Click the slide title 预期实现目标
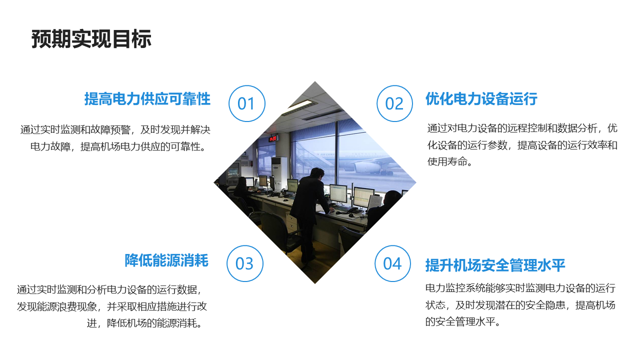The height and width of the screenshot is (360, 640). (91, 39)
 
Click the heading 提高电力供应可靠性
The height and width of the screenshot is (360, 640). (147, 99)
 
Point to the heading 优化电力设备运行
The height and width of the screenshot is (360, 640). (481, 99)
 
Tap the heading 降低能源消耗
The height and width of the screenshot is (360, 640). (166, 260)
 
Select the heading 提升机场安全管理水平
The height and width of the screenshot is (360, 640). (495, 265)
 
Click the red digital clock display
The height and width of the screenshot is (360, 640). (272, 138)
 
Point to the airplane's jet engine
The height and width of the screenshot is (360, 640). (367, 167)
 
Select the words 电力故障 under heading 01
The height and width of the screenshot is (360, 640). (50, 146)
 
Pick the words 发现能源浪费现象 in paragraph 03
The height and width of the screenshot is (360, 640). (57, 306)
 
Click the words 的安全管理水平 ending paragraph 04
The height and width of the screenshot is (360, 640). (460, 321)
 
